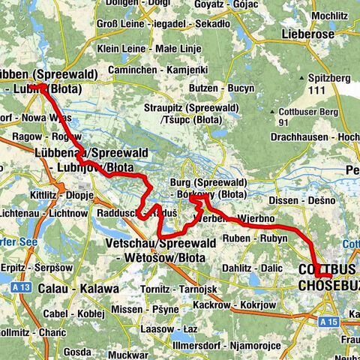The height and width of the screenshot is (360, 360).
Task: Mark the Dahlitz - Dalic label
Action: (252, 268)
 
